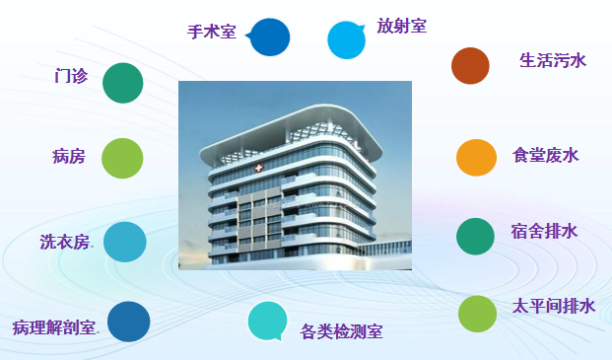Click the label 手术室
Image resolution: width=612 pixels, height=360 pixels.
212,32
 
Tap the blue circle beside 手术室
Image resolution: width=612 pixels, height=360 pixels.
269,36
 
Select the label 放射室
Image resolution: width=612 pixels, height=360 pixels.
401,26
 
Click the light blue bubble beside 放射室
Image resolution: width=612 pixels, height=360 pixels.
347,39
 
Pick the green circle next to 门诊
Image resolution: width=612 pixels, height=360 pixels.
123,82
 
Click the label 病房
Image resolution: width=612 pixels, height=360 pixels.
69,156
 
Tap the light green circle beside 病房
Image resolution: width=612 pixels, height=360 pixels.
122,158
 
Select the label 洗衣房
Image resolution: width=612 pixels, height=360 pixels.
65,242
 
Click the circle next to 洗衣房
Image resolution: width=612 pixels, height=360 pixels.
124,242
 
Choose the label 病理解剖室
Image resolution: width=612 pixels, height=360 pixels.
55,326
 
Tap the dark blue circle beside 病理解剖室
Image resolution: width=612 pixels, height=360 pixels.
128,322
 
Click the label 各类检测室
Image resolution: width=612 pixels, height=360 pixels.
341,331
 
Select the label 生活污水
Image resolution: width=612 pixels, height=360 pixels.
553,60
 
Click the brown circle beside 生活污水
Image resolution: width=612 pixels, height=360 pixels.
470,65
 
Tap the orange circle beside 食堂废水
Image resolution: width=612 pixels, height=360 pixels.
476,157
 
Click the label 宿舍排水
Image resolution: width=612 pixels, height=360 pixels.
544,232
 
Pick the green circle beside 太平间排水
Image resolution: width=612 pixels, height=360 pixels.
478,314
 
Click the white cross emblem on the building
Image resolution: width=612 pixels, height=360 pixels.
258,169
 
